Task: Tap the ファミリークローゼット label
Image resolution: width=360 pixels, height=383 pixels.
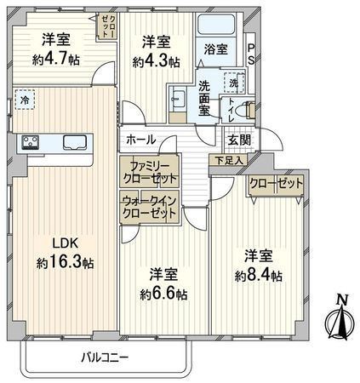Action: [x=149, y=173]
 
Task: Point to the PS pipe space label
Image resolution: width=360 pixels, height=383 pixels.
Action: [x=250, y=54]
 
